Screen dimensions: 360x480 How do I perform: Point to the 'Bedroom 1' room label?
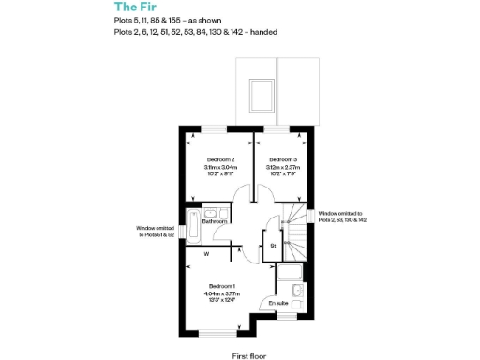(221, 285)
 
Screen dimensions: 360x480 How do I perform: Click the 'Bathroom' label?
(215, 221)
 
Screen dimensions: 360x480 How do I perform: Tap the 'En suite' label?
(277, 303)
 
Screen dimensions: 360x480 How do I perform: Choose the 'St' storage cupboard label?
(273, 246)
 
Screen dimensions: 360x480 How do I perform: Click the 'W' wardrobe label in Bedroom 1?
(205, 254)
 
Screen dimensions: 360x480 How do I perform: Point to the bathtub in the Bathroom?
(193, 225)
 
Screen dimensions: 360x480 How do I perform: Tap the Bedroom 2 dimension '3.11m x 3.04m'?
(219, 167)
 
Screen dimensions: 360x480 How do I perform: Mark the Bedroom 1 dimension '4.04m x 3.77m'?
(221, 293)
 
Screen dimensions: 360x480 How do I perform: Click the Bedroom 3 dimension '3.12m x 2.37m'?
(282, 167)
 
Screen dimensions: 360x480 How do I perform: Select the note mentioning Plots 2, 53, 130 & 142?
(343, 217)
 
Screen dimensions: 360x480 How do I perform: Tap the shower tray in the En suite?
(289, 274)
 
